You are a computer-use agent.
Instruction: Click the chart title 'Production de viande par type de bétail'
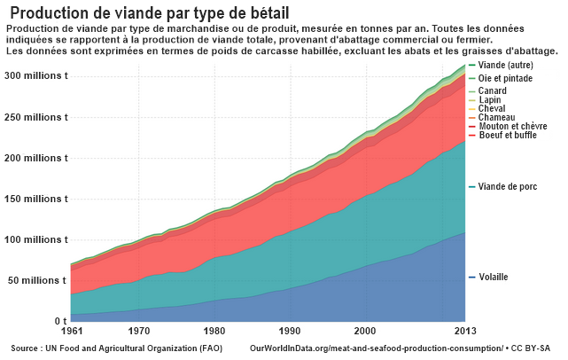click(150, 12)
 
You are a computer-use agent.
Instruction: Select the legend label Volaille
click(494, 278)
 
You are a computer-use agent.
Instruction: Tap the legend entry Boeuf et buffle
click(508, 135)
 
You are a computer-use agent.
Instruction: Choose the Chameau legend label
click(496, 117)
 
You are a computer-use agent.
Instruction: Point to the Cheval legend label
click(492, 108)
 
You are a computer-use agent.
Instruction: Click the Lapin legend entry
click(490, 100)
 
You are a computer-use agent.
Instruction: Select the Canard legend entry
click(493, 91)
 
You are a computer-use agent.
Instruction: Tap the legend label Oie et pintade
click(506, 79)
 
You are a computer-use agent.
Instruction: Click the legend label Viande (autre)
click(506, 66)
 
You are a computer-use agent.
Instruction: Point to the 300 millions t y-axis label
click(35, 76)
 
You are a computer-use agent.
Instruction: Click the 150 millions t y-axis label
click(35, 199)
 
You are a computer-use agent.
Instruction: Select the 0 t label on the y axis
click(59, 321)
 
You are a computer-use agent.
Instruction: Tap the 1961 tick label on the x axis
click(72, 332)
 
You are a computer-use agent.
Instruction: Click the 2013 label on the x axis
click(464, 332)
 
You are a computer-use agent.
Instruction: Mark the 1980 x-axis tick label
click(214, 332)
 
